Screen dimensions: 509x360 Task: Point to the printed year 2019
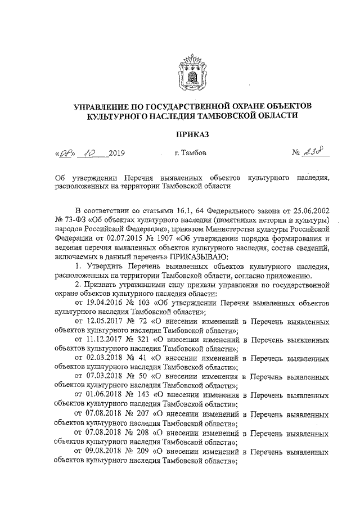point(115,153)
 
